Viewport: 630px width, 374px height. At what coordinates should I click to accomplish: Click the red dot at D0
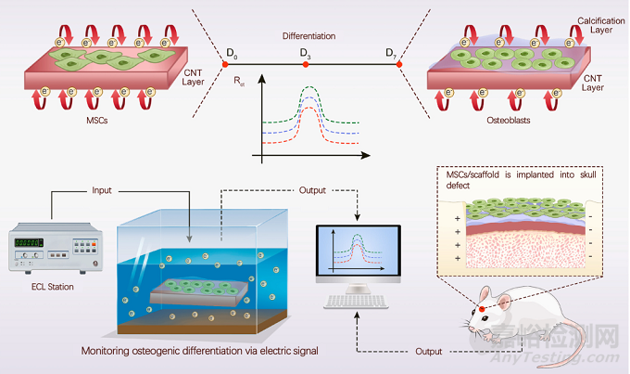tap(224, 63)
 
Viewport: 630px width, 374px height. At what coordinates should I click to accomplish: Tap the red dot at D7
tap(400, 63)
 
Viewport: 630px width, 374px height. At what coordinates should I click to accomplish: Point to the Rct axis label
tap(241, 82)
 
